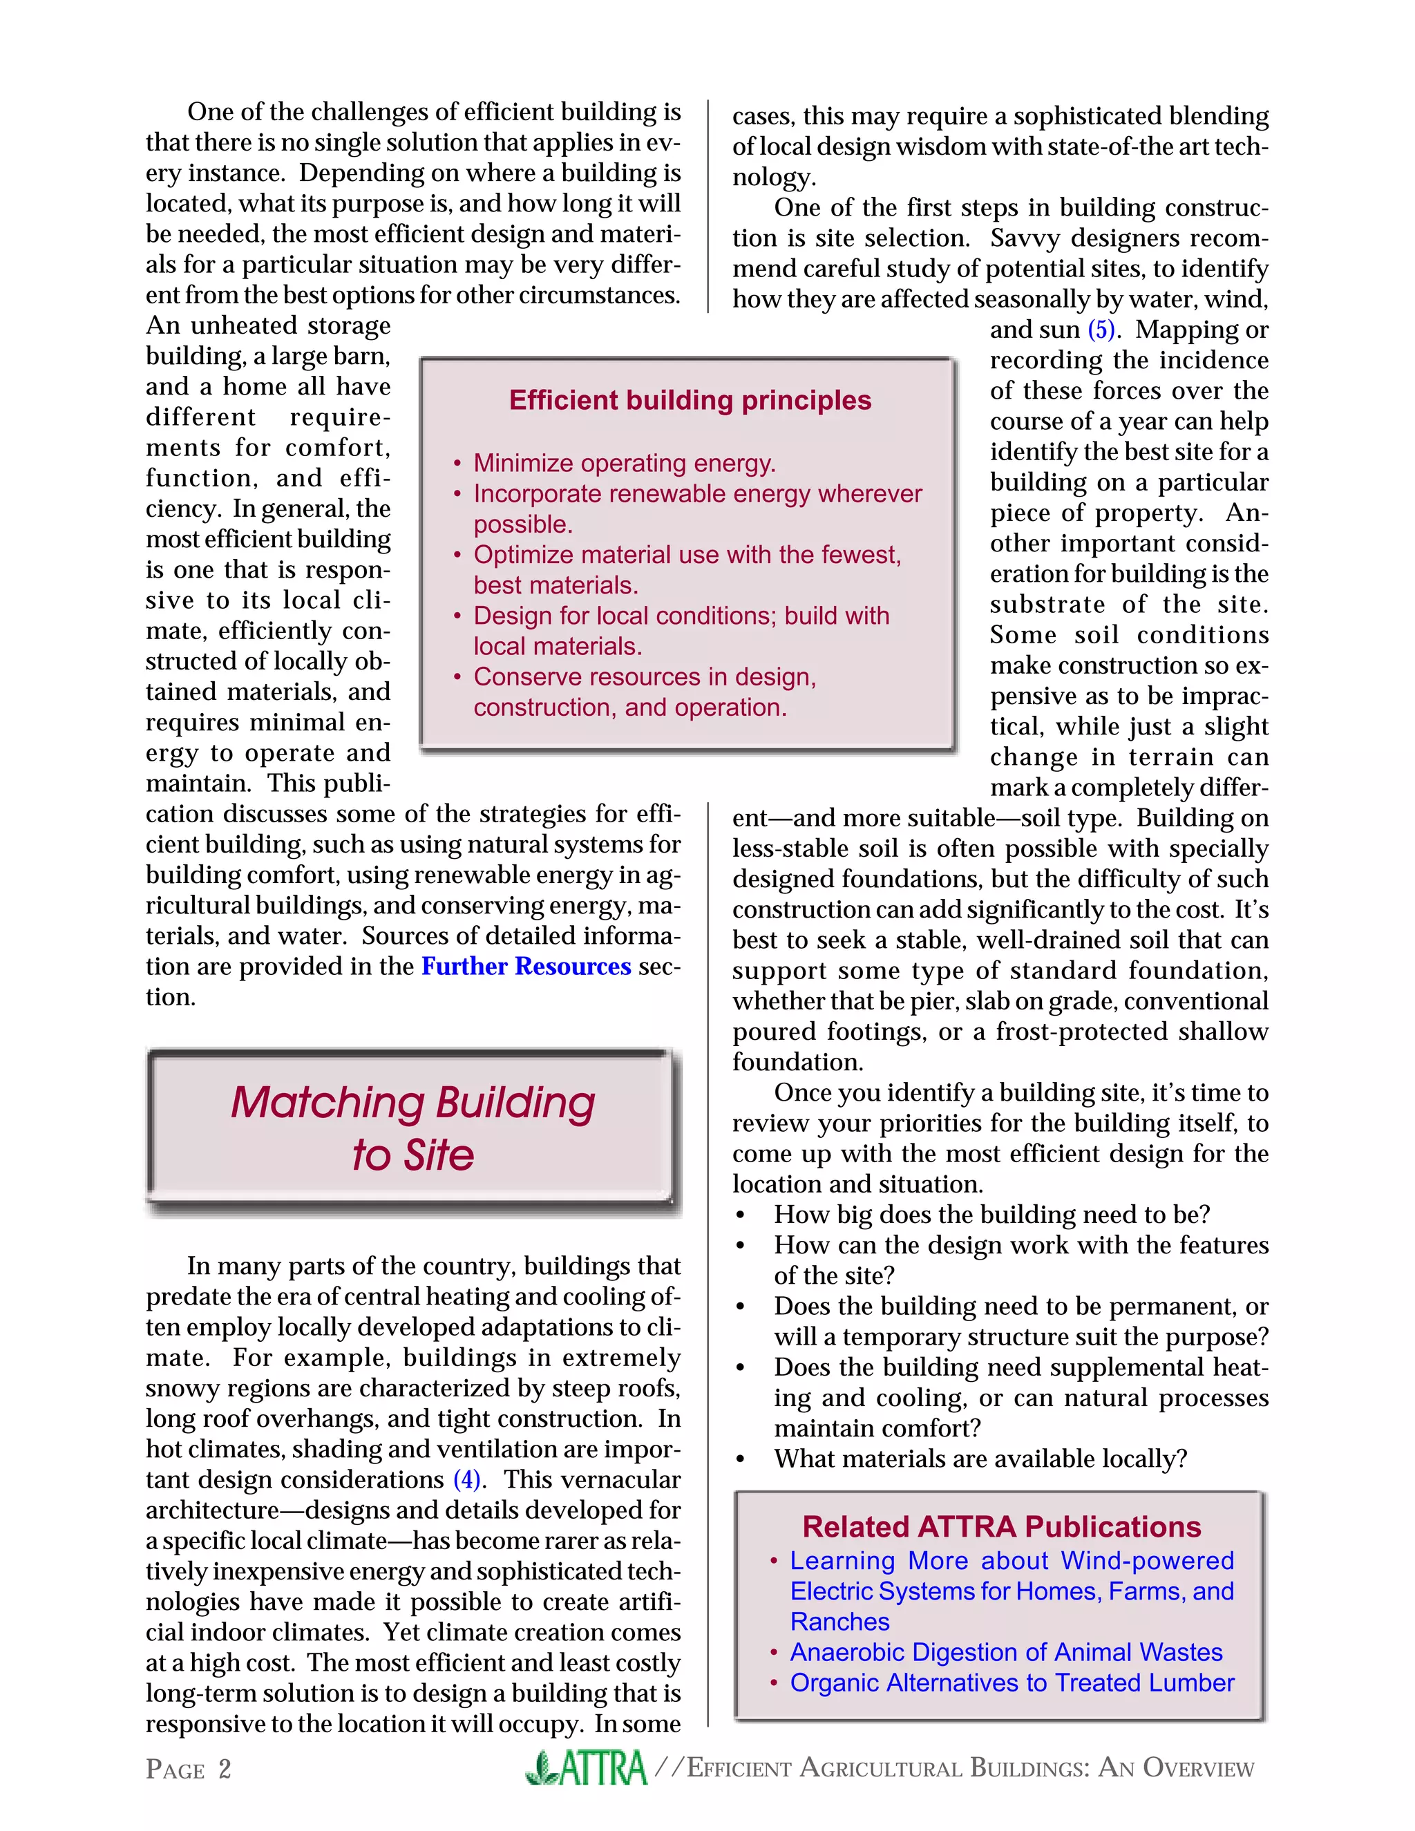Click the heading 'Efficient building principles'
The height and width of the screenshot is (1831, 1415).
pyautogui.click(x=690, y=400)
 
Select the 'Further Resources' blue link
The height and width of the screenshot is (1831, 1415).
pyautogui.click(x=526, y=967)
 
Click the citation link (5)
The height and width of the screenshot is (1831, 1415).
pyautogui.click(x=1101, y=330)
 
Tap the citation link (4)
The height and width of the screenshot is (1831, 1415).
pyautogui.click(x=467, y=1480)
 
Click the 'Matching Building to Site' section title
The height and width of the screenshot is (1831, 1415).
pyautogui.click(x=412, y=1128)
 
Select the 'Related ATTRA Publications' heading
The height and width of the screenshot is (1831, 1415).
pyautogui.click(x=1001, y=1527)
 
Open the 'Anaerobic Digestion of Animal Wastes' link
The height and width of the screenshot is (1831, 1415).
pyautogui.click(x=1006, y=1653)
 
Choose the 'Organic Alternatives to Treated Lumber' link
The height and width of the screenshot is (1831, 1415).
pyautogui.click(x=1012, y=1682)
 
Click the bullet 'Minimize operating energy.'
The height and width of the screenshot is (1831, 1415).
pyautogui.click(x=625, y=463)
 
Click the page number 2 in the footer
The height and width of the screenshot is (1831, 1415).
pyautogui.click(x=225, y=1769)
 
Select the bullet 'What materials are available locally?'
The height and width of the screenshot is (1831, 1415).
pyautogui.click(x=980, y=1459)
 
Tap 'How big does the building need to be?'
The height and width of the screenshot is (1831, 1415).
pyautogui.click(x=991, y=1215)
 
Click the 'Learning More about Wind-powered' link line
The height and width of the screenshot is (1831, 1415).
pyautogui.click(x=1012, y=1561)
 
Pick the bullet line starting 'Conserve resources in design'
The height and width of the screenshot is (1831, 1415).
pyautogui.click(x=645, y=676)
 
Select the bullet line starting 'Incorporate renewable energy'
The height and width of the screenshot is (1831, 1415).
pyautogui.click(x=697, y=494)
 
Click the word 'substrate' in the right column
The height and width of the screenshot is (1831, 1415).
pyautogui.click(x=1047, y=605)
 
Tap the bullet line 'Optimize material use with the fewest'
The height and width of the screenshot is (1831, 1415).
pyautogui.click(x=687, y=555)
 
